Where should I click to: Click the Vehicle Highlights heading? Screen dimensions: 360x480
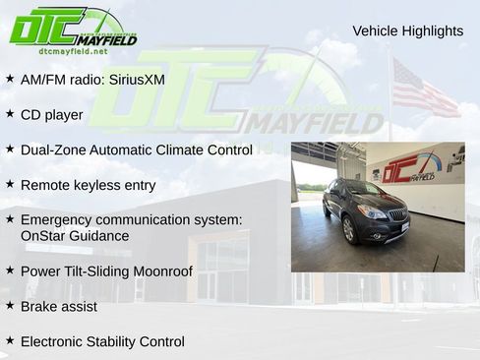click(x=407, y=30)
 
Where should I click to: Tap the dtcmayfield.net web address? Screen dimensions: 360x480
click(x=73, y=51)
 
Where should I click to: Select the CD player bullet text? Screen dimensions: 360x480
click(x=51, y=114)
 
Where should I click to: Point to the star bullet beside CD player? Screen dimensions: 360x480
click(x=10, y=114)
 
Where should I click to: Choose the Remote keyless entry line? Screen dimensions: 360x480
click(x=88, y=185)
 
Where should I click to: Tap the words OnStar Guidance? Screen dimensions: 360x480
click(x=74, y=236)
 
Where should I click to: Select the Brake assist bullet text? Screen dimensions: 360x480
click(x=58, y=306)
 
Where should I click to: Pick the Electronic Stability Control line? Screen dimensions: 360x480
click(x=102, y=341)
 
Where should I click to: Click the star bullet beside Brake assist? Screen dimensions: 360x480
click(x=10, y=306)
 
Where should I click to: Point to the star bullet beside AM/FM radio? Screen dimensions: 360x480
click(x=10, y=79)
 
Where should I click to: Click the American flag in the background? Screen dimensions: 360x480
click(x=423, y=89)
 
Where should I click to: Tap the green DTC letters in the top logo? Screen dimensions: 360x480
click(x=44, y=28)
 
